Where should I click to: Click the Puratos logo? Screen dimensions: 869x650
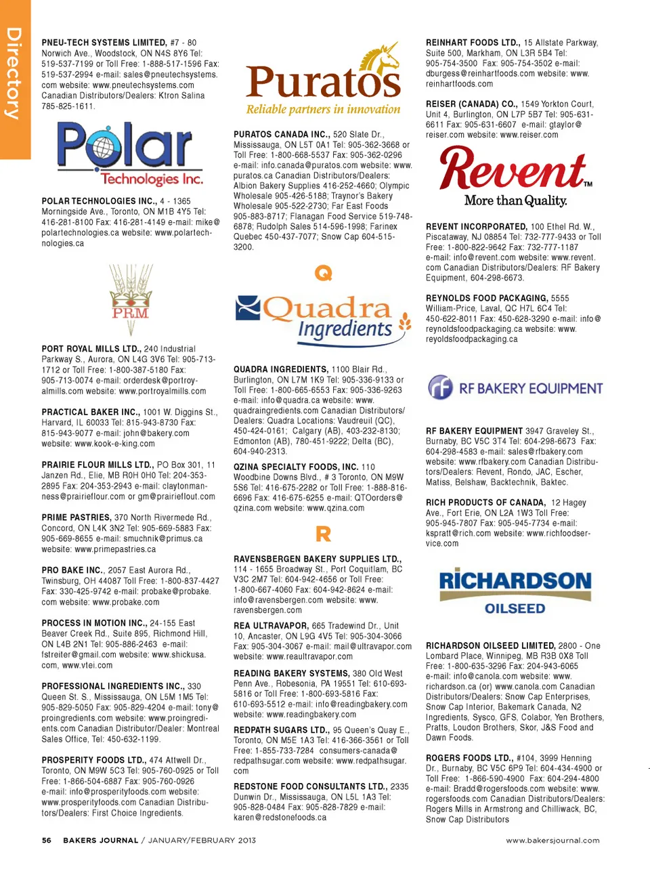click(x=323, y=80)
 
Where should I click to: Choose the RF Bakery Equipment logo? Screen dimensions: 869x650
click(x=515, y=388)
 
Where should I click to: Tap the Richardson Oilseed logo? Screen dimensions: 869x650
click(x=515, y=592)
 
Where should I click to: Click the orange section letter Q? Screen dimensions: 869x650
click(x=324, y=273)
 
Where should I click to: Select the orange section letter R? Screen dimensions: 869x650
click(x=324, y=534)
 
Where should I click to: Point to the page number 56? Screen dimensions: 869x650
click(x=47, y=841)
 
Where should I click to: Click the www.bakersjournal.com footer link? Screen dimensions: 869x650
click(x=552, y=841)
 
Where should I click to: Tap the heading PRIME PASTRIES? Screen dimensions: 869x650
click(x=76, y=517)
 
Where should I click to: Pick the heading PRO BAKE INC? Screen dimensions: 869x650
click(x=72, y=570)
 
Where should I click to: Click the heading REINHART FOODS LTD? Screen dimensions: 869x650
click(x=473, y=43)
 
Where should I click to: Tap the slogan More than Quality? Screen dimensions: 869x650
click(x=515, y=200)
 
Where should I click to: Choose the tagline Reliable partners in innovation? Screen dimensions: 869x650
click(x=323, y=109)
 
